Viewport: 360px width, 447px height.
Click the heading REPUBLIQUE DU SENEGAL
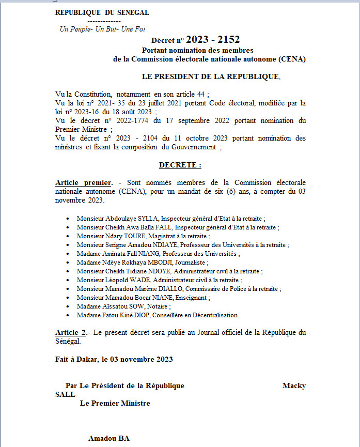(102, 13)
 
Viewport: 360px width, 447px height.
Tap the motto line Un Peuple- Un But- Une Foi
(103, 29)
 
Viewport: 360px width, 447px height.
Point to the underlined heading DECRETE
(180, 165)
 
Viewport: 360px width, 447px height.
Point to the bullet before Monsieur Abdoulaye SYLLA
(68, 219)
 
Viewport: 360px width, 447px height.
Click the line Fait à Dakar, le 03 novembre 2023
(114, 359)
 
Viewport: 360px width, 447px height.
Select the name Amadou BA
(108, 439)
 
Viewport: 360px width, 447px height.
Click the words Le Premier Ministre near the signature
(115, 403)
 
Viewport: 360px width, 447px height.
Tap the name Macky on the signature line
(294, 386)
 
